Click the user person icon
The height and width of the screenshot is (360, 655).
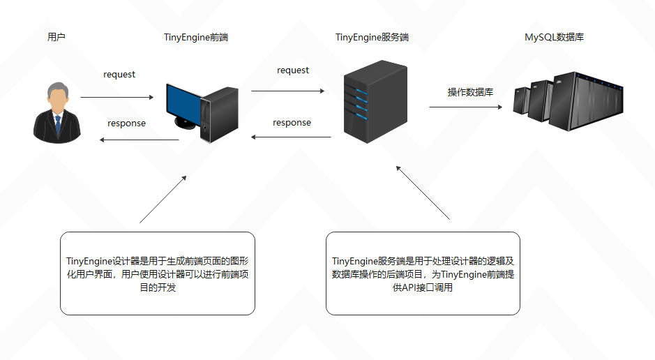point(57,112)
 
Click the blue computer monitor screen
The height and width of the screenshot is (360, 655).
point(183,102)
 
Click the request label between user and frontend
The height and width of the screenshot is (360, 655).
point(119,75)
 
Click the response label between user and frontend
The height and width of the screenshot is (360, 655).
point(126,123)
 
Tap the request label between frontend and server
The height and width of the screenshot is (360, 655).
point(292,70)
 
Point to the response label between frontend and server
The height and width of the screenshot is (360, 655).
point(292,123)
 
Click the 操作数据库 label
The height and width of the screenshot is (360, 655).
point(470,92)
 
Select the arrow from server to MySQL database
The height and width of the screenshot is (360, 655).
point(465,107)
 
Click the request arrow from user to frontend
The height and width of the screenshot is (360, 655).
point(116,98)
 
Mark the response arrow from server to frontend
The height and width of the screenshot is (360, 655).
point(291,137)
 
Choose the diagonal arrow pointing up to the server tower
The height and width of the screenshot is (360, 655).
point(423,193)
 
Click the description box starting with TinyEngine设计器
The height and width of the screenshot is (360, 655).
point(157,273)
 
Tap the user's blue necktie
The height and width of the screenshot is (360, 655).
point(57,124)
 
